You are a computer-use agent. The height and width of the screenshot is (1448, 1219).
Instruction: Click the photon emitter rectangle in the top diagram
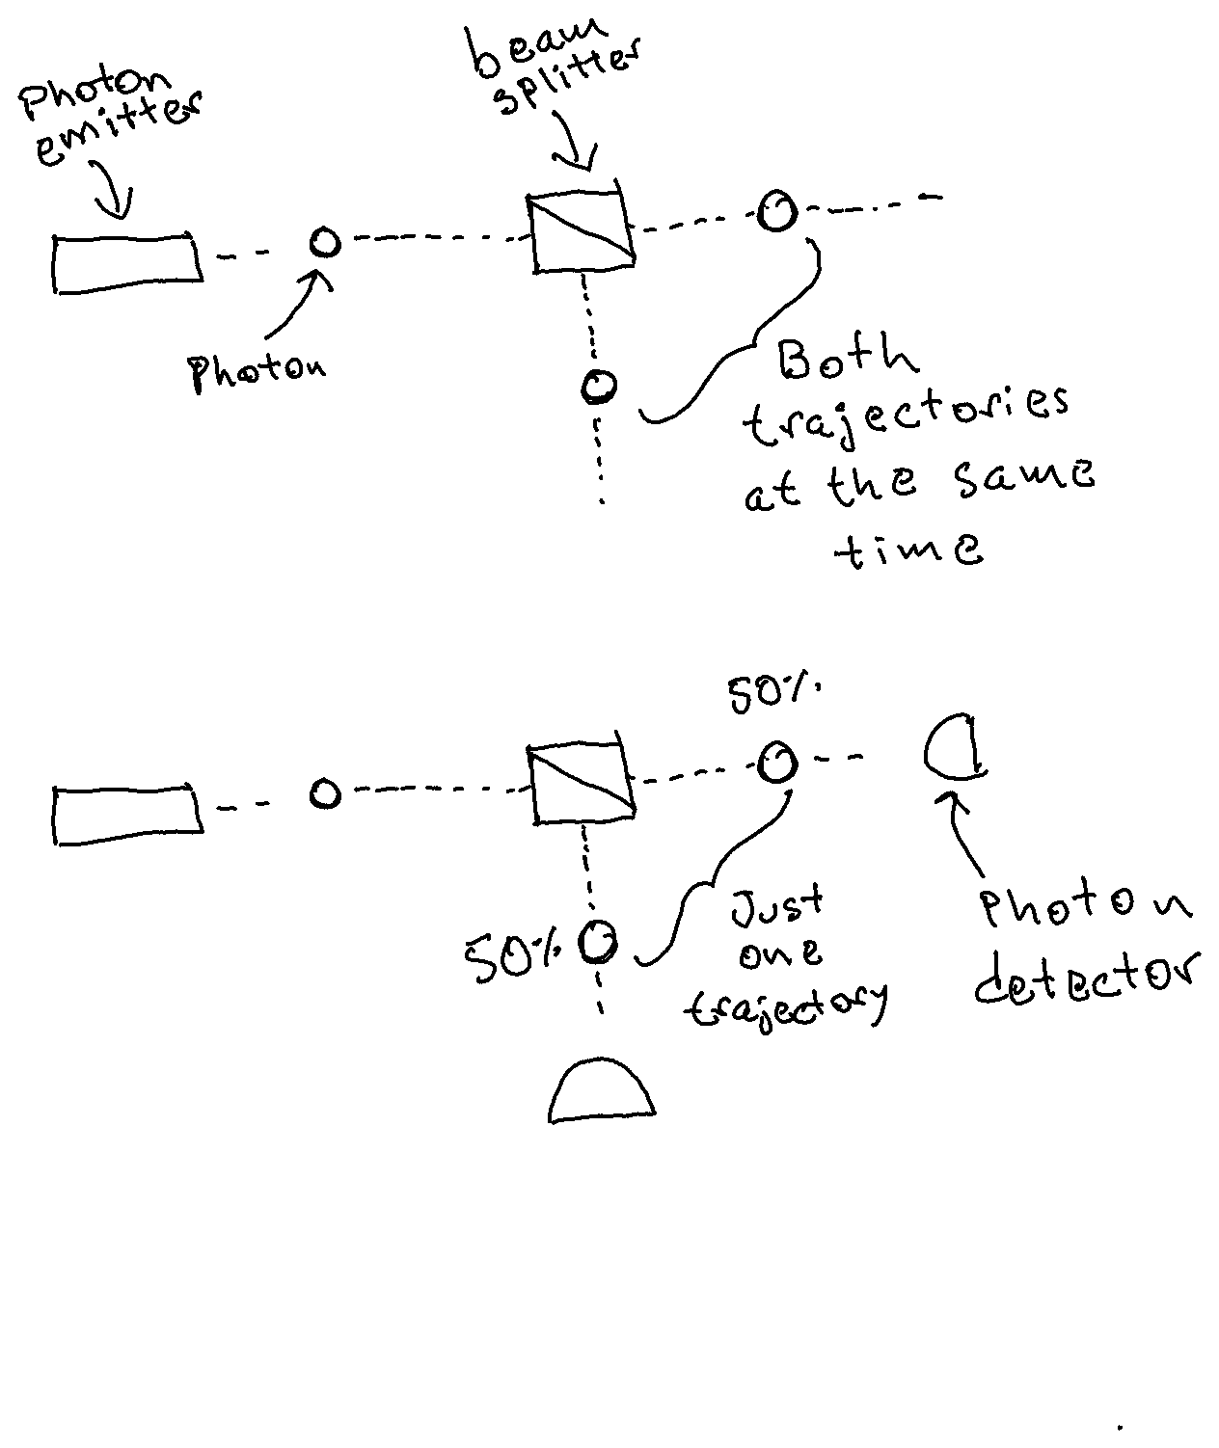(x=126, y=261)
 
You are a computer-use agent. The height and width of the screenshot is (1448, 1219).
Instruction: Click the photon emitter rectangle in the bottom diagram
(x=126, y=814)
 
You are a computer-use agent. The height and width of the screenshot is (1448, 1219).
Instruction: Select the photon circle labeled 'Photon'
(x=325, y=241)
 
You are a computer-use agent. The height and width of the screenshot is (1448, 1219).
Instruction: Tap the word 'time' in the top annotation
(x=911, y=550)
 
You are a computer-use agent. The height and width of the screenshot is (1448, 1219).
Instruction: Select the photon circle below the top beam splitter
(x=599, y=387)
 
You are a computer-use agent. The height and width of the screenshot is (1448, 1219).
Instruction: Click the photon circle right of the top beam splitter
(x=776, y=210)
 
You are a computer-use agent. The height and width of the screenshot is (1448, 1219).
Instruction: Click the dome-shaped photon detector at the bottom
(x=602, y=1090)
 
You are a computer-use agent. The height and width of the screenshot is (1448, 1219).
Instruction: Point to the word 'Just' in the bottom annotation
(x=777, y=904)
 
